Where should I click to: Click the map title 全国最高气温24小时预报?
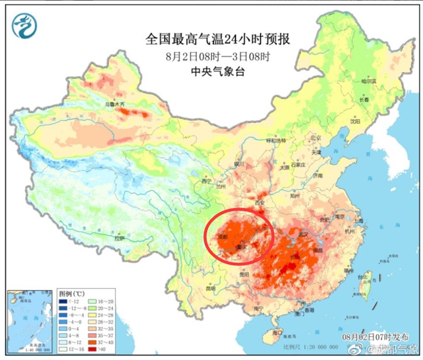tap(211, 40)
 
